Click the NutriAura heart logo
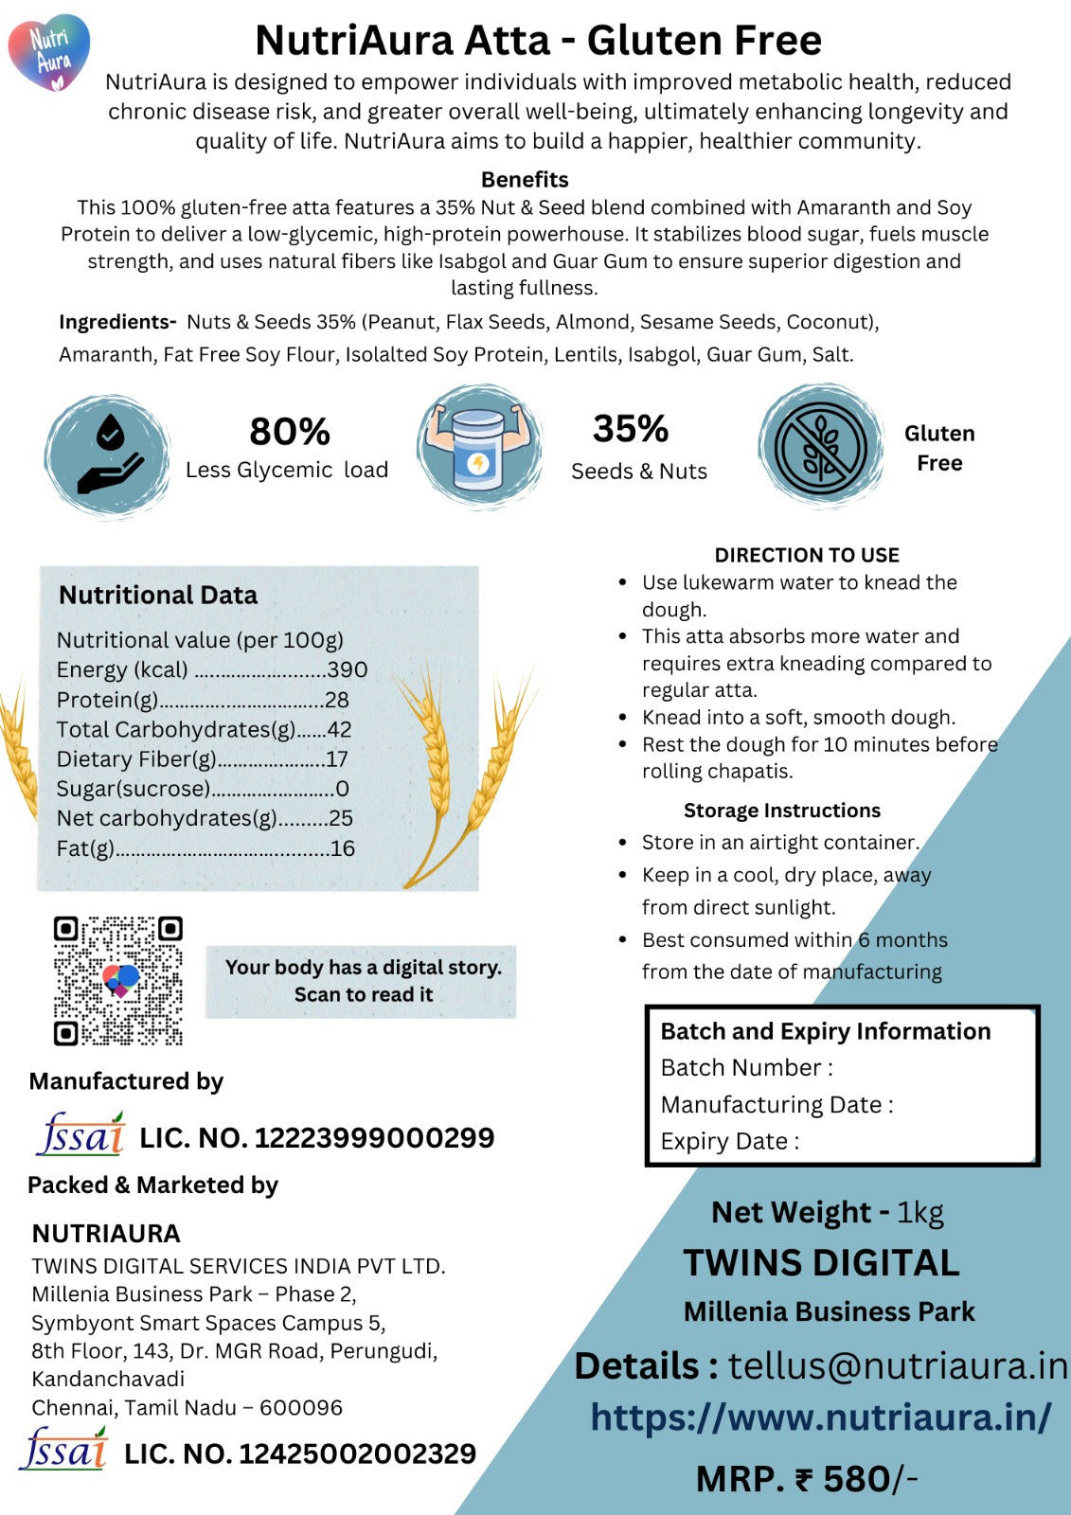click(49, 52)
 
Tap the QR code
click(117, 981)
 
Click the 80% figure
click(290, 432)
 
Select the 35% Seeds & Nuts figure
click(631, 429)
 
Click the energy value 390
click(348, 670)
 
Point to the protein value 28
click(337, 700)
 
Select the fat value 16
click(343, 848)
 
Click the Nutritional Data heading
click(158, 595)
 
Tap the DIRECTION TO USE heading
click(807, 555)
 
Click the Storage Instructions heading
click(782, 811)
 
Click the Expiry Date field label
click(730, 1142)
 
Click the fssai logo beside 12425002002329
click(63, 1450)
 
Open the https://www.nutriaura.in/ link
click(821, 1417)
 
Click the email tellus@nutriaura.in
click(897, 1366)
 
